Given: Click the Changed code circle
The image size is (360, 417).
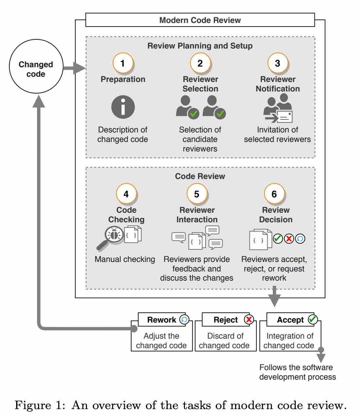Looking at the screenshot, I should tap(36, 67).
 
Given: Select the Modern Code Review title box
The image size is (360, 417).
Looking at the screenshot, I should tap(200, 20).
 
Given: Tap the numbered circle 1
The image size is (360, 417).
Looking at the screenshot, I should tap(123, 63).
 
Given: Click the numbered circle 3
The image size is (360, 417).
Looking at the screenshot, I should tap(277, 63).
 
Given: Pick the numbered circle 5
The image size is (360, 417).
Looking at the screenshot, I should tap(196, 194).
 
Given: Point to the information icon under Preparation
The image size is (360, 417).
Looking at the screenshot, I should tap(123, 107).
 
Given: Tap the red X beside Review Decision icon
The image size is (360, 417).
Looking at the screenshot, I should tap(289, 239).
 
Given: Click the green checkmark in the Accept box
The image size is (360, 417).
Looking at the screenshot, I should tap(313, 319).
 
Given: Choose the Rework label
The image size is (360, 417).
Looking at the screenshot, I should tap(162, 320).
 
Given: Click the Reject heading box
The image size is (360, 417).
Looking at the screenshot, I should tap(226, 320).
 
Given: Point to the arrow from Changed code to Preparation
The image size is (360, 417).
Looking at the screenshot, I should tap(74, 68).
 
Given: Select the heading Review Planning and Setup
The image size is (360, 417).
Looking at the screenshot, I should tap(200, 46).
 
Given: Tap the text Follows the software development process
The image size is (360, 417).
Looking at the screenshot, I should tap(297, 372).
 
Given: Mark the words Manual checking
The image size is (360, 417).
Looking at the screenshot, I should tap(125, 259).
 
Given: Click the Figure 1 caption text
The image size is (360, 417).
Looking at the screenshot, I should tap(180, 405).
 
